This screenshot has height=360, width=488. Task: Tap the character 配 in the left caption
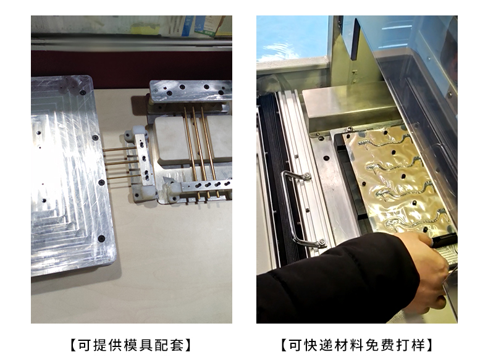click(x=162, y=345)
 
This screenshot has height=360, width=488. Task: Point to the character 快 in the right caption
click(x=311, y=345)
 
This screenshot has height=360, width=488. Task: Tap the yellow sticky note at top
click(x=145, y=30)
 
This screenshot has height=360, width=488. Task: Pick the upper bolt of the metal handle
click(x=307, y=177)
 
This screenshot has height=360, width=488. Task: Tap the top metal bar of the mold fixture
click(x=190, y=91)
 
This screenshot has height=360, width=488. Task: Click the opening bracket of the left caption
click(x=74, y=345)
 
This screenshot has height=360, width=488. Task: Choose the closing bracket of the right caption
click(x=429, y=345)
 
